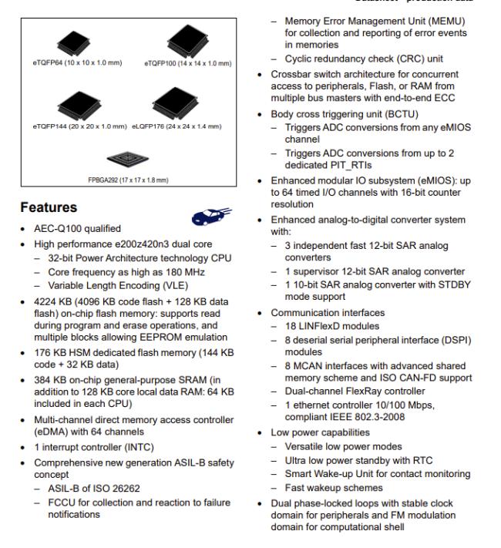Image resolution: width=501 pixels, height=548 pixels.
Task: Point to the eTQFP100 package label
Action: click(x=188, y=62)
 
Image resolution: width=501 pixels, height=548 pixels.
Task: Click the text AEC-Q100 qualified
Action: click(x=70, y=229)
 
